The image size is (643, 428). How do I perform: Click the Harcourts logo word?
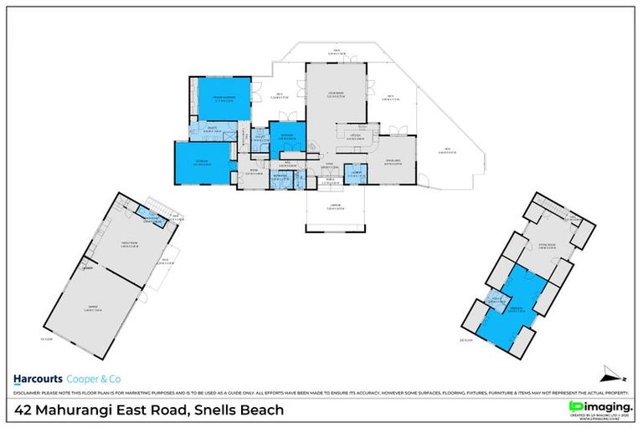point(40,375)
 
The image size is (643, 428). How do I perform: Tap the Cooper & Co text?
point(95,375)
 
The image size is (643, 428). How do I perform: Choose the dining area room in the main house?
point(394,161)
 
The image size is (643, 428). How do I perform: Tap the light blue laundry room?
point(356,175)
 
